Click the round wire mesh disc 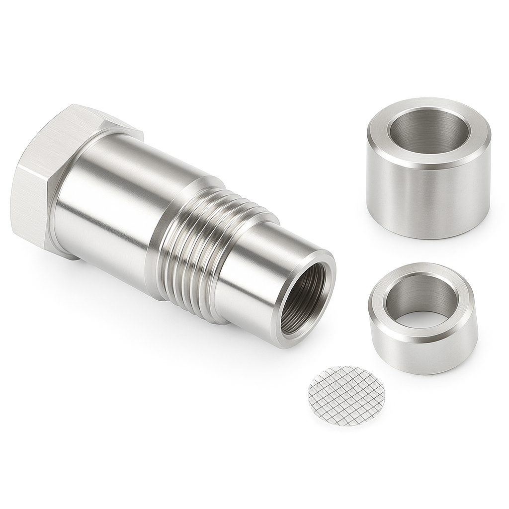[x=346, y=396]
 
